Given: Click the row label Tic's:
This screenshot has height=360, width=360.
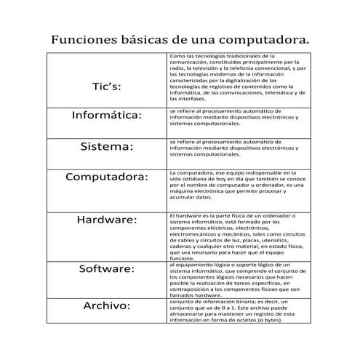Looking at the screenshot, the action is [107, 87].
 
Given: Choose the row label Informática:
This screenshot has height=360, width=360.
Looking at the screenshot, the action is [107, 115].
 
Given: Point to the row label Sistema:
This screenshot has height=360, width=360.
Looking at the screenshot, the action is [107, 146].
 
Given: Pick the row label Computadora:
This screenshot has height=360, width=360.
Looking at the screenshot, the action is [107, 177].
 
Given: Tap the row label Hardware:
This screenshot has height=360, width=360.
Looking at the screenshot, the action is [107, 219].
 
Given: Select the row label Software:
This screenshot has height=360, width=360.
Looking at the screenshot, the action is [107, 268].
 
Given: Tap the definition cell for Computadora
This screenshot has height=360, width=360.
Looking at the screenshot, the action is [236, 185].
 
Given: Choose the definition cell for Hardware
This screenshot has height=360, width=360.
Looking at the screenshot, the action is [236, 236].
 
